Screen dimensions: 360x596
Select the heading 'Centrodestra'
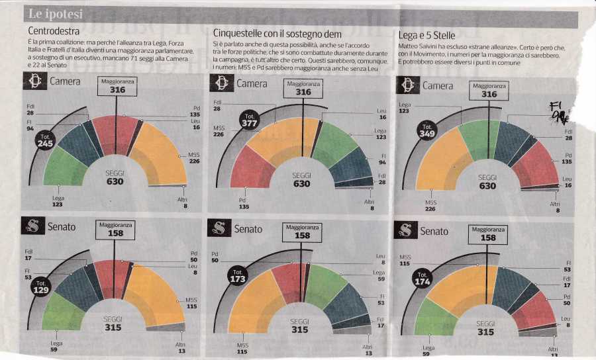55,31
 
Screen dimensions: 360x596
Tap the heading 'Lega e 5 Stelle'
428,34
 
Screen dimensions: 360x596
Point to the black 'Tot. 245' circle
46,140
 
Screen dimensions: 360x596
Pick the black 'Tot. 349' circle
426,130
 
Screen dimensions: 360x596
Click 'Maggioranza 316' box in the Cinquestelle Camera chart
303,88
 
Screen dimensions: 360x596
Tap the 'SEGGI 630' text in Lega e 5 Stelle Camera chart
487,181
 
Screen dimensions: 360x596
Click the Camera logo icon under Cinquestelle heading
219,83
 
